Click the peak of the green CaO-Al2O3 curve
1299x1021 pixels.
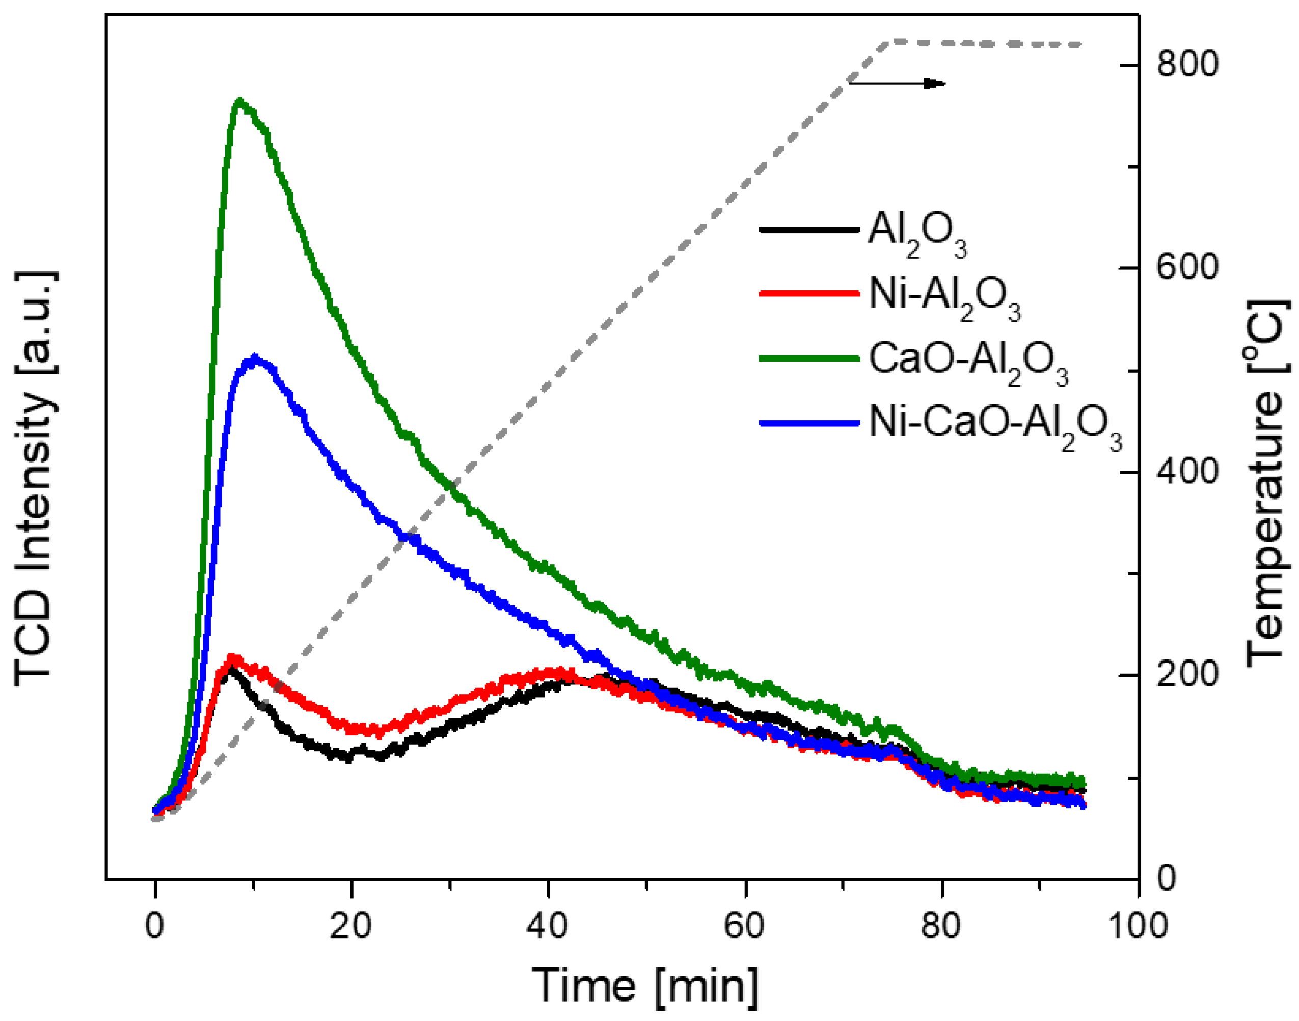tap(240, 100)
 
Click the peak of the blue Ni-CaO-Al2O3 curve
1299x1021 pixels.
tap(255, 358)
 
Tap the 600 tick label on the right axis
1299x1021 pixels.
tap(1187, 267)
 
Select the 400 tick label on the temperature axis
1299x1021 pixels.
tap(1187, 472)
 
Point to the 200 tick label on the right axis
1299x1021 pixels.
tap(1187, 675)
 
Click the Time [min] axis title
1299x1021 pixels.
tap(645, 986)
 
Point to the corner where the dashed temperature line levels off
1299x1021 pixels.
tap(890, 42)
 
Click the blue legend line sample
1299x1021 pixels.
tap(809, 423)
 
